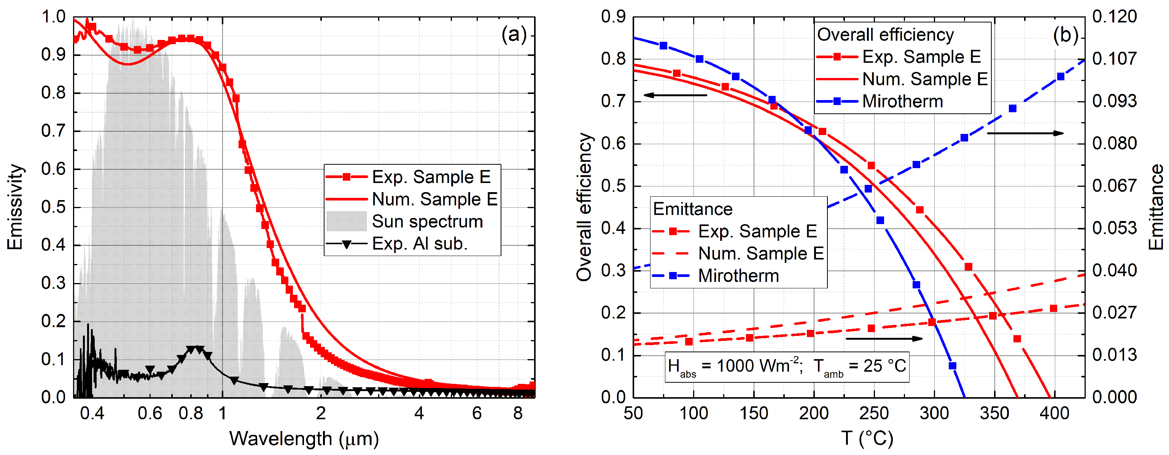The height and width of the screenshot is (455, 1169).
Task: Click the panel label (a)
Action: [x=514, y=35]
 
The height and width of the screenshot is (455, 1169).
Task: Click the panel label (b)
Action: [x=1065, y=35]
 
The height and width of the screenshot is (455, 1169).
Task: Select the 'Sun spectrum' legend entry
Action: [x=427, y=221]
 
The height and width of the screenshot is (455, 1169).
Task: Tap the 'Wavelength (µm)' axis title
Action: [x=304, y=438]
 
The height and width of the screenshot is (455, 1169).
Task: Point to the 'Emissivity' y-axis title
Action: [x=14, y=207]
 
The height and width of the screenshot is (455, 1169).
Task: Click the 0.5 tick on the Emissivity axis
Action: [x=53, y=207]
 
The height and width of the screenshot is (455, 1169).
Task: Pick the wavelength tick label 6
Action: [x=477, y=413]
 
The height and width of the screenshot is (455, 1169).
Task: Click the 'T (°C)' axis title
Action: [x=867, y=438]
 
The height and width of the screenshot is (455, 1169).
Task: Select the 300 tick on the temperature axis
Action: [x=934, y=413]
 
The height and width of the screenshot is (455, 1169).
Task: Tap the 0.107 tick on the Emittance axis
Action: [x=1114, y=59]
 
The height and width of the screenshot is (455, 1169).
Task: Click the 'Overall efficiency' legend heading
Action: [x=885, y=35]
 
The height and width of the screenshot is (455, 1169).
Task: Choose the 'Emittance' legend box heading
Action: [x=692, y=209]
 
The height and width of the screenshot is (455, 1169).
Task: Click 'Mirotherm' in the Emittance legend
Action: [x=738, y=276]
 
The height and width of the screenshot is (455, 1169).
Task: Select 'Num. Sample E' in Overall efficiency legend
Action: [x=924, y=79]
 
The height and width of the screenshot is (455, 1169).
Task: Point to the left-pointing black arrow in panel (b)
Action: [x=675, y=95]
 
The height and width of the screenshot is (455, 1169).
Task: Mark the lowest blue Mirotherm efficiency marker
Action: [x=953, y=366]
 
